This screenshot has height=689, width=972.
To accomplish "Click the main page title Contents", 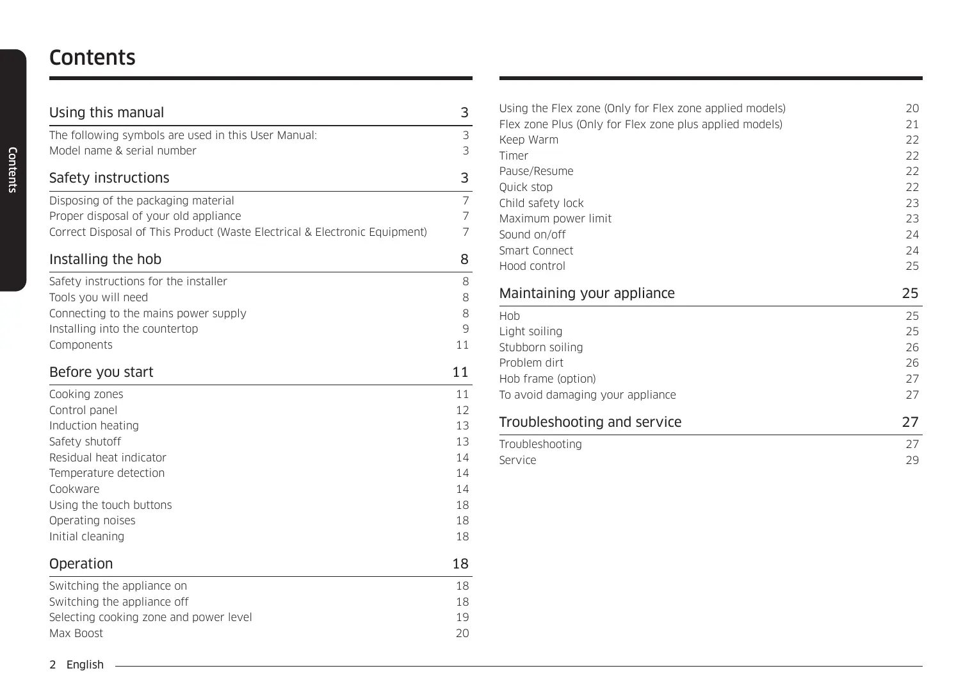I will [92, 58].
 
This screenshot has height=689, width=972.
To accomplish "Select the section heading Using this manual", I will [106, 113].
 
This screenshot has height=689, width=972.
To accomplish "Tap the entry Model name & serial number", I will [122, 151].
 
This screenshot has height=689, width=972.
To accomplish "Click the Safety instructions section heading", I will [109, 178].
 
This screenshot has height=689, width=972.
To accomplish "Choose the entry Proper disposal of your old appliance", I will [145, 216].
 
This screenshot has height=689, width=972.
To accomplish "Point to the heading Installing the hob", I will [105, 260].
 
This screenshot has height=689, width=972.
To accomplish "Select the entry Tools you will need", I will [98, 297].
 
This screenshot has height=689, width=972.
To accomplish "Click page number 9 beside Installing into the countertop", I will [466, 329].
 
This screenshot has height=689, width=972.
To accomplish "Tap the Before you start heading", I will [101, 372].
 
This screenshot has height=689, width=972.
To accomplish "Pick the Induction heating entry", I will [93, 426].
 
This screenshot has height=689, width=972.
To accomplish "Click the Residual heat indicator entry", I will [108, 458].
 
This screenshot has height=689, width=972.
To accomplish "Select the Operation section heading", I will [81, 564].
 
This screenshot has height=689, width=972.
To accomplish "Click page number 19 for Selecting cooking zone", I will [462, 617].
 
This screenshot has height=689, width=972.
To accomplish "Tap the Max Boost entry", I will [76, 633].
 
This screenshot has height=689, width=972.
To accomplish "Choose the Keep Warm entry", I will [528, 140].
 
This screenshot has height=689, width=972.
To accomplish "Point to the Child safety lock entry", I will [541, 203].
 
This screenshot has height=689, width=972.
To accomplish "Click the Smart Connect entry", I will [536, 251].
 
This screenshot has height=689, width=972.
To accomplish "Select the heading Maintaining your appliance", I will [587, 294].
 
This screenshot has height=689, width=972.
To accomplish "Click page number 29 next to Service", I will [912, 460].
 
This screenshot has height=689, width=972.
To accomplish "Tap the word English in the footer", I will [85, 665].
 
